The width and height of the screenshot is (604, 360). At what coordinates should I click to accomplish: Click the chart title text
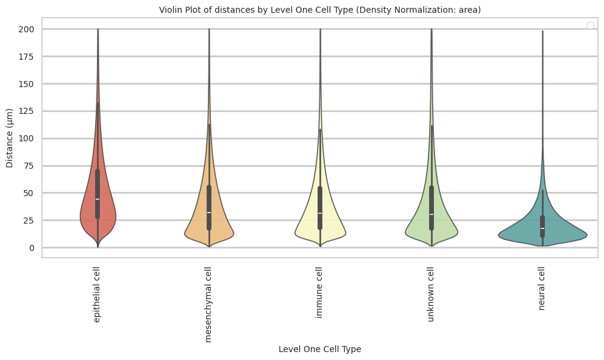coord(319,10)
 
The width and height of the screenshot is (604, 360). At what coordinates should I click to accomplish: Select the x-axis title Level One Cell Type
coord(319,349)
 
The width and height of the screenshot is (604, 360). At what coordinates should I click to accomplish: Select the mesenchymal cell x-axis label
coord(208,304)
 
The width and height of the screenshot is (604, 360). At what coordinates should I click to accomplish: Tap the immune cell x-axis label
coord(319,292)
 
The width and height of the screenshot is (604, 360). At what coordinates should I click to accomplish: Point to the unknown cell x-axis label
coord(431,294)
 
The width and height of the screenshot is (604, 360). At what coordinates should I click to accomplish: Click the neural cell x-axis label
coord(542,288)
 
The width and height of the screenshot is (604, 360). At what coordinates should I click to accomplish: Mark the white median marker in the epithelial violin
coord(98,199)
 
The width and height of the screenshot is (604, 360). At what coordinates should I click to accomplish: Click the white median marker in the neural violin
coord(542,228)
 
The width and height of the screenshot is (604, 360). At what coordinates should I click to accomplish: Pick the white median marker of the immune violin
coord(320,213)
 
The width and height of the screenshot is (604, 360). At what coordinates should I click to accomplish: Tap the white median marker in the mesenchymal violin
coord(209,213)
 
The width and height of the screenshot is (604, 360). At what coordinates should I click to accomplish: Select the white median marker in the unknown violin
coord(432,214)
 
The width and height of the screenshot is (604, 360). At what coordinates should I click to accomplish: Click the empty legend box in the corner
coord(590,26)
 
